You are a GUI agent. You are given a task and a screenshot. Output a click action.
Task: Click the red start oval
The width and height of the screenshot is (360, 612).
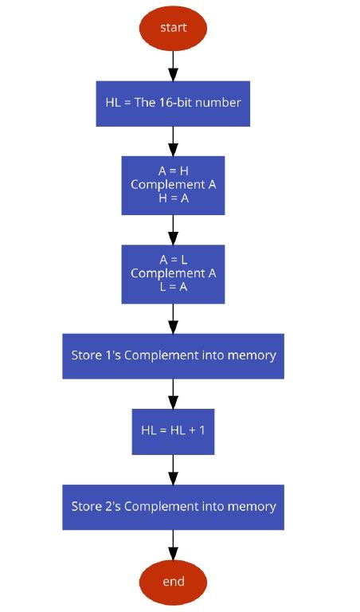pos(173,28)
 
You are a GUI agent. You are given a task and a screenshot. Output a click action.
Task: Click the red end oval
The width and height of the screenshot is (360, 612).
pos(173,582)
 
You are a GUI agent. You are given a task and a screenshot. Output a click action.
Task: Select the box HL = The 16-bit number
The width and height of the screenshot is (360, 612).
pos(173,103)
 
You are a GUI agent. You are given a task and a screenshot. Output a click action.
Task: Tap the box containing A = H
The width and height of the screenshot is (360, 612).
pos(173,185)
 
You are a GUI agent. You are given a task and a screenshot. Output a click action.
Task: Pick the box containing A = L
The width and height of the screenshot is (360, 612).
pos(173,273)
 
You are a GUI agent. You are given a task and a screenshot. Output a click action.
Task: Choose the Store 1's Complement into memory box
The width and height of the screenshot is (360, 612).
pos(173,355)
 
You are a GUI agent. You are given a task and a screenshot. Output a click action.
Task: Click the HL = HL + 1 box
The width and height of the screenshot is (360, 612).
pos(173,431)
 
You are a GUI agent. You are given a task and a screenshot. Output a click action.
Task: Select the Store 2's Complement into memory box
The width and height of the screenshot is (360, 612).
pos(173,507)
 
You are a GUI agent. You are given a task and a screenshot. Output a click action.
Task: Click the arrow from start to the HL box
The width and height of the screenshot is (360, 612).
pos(173,65)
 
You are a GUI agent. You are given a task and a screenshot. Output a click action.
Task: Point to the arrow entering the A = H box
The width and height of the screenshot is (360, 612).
pos(173,141)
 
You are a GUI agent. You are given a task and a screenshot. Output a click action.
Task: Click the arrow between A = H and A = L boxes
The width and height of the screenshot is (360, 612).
pos(173,229)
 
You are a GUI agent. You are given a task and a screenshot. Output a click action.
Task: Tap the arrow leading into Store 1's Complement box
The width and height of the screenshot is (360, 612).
pos(173,318)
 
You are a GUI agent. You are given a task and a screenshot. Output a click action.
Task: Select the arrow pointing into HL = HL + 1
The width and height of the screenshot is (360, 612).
pos(173,394)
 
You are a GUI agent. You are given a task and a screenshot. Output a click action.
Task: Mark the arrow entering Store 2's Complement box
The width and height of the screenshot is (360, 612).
pos(173,469)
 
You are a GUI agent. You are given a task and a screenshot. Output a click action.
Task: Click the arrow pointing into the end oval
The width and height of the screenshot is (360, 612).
pos(173,545)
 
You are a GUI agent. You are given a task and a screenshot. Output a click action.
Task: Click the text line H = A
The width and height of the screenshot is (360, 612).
pos(173,199)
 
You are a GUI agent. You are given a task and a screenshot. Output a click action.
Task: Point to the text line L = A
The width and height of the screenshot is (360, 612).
pos(173,288)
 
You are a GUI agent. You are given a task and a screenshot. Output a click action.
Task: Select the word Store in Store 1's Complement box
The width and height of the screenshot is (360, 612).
pos(87,355)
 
